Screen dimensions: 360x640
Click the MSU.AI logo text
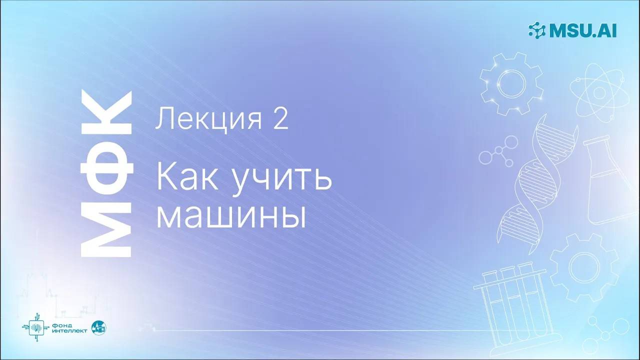pos(583,30)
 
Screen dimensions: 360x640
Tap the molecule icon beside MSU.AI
pos(538,30)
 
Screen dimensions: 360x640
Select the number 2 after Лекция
pos(280,120)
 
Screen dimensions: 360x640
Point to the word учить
pos(282,177)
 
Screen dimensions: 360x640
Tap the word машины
pos(231,215)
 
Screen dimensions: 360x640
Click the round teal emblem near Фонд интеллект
pos(99,327)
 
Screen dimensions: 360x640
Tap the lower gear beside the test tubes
pos(583,262)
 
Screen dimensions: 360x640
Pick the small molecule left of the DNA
pos(496,152)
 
